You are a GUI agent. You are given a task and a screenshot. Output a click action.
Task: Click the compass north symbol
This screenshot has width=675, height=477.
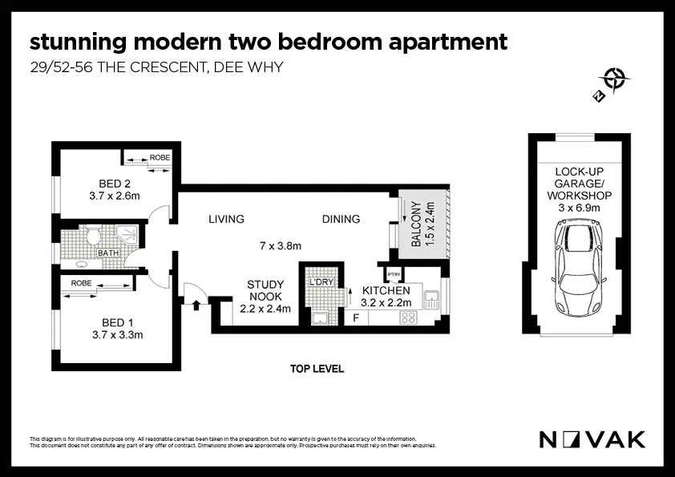pos(614,79)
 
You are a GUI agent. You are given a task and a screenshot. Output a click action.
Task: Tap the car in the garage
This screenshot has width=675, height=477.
pos(577,269)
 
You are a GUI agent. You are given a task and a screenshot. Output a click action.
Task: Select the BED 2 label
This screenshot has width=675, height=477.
pos(115,183)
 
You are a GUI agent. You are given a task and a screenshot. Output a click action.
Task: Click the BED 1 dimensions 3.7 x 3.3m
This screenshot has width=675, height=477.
pos(117,334)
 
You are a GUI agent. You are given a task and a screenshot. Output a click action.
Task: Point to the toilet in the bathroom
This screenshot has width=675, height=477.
pos(93,237)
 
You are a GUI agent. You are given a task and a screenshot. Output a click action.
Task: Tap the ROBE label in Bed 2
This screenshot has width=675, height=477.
pos(160,158)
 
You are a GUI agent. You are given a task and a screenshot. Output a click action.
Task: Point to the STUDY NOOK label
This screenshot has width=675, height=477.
pos(265,290)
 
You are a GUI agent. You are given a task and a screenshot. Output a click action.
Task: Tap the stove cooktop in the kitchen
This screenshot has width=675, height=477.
pos(408,317)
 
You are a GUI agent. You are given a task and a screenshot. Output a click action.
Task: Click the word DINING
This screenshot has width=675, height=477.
pos(341,219)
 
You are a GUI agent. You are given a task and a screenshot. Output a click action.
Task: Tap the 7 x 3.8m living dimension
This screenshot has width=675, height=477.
pos(280,246)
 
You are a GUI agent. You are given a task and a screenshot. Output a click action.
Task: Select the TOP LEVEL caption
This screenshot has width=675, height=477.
pos(317,369)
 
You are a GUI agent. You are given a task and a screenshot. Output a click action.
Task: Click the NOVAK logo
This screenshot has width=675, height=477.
pos(592,439)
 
